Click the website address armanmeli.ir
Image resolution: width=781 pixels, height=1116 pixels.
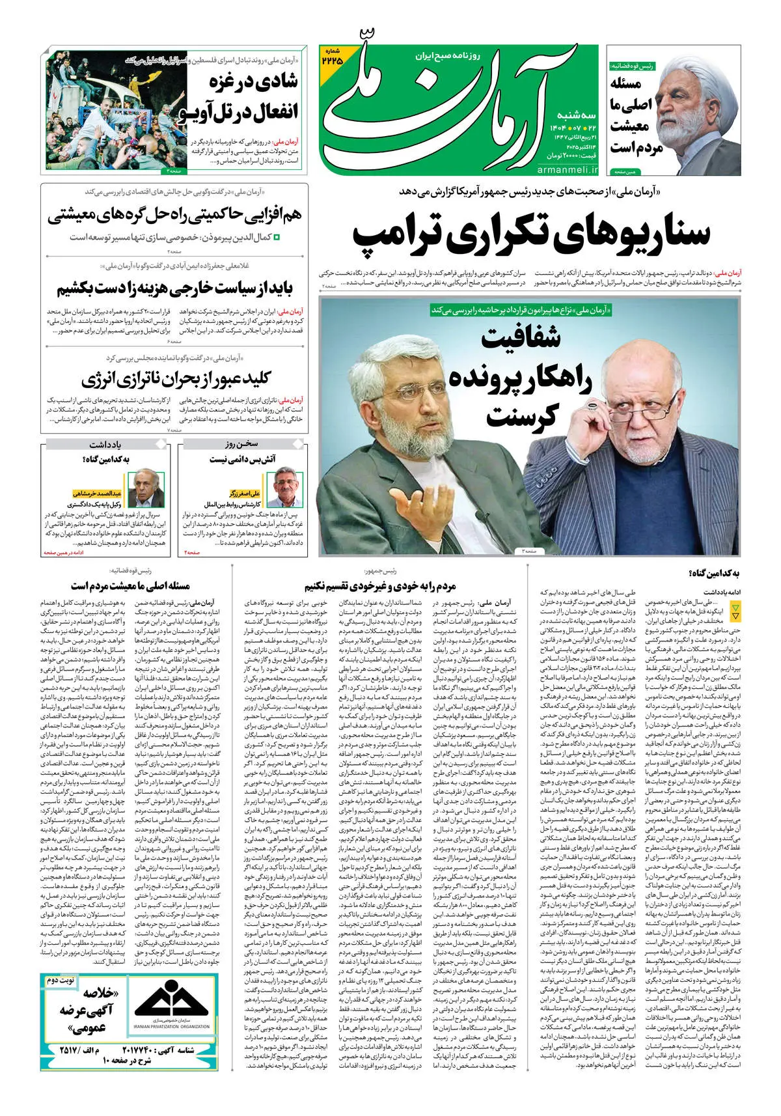566,169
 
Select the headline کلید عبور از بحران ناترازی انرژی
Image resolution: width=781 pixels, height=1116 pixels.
176,378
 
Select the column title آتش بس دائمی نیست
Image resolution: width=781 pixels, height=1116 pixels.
243,459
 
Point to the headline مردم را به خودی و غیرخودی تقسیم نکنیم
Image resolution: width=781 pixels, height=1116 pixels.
381,586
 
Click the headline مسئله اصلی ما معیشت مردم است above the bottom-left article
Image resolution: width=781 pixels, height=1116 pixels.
131,586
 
